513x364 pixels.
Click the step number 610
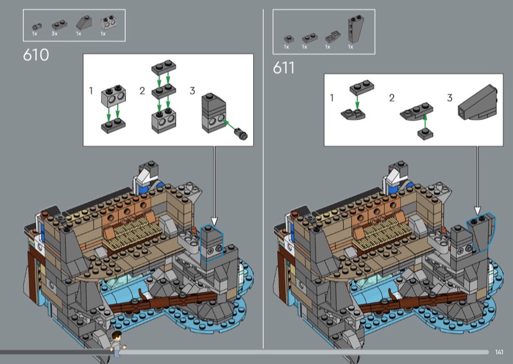pos(36,55)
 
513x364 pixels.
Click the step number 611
pos(283,68)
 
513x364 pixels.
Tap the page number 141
pos(499,352)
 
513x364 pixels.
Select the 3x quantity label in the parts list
pos(55,34)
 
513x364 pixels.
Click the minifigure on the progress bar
pos(117,343)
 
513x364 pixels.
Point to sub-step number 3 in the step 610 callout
pos(192,90)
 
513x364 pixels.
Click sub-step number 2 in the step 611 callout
pos(392,98)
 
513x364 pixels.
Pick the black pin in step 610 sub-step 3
pos(242,133)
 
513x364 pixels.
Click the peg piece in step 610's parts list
pos(37,26)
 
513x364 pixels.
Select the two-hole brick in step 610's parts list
pos(108,23)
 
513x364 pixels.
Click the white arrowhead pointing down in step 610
pos(214,221)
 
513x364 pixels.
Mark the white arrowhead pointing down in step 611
pos(477,210)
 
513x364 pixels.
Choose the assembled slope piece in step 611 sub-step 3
pos(478,103)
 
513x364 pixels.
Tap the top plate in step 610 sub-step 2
pos(164,67)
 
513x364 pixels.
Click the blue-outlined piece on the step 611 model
pos(481,232)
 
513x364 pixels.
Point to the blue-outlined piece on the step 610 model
pos(212,243)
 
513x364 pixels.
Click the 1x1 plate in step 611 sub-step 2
pos(425,134)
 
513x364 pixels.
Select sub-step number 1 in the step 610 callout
pos(91,90)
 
